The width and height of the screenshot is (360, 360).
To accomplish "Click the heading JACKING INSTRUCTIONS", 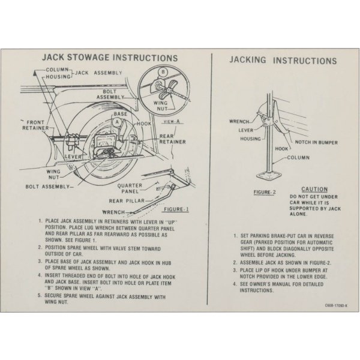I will click(283, 61).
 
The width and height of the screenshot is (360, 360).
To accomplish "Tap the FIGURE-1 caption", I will click(176, 209).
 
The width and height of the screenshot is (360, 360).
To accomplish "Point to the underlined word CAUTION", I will click(314, 188).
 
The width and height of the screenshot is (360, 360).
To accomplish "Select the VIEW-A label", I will click(172, 121).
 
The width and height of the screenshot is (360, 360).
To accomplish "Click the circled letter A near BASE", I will click(118, 121).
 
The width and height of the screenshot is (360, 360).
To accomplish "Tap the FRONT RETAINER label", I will click(35, 124).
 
